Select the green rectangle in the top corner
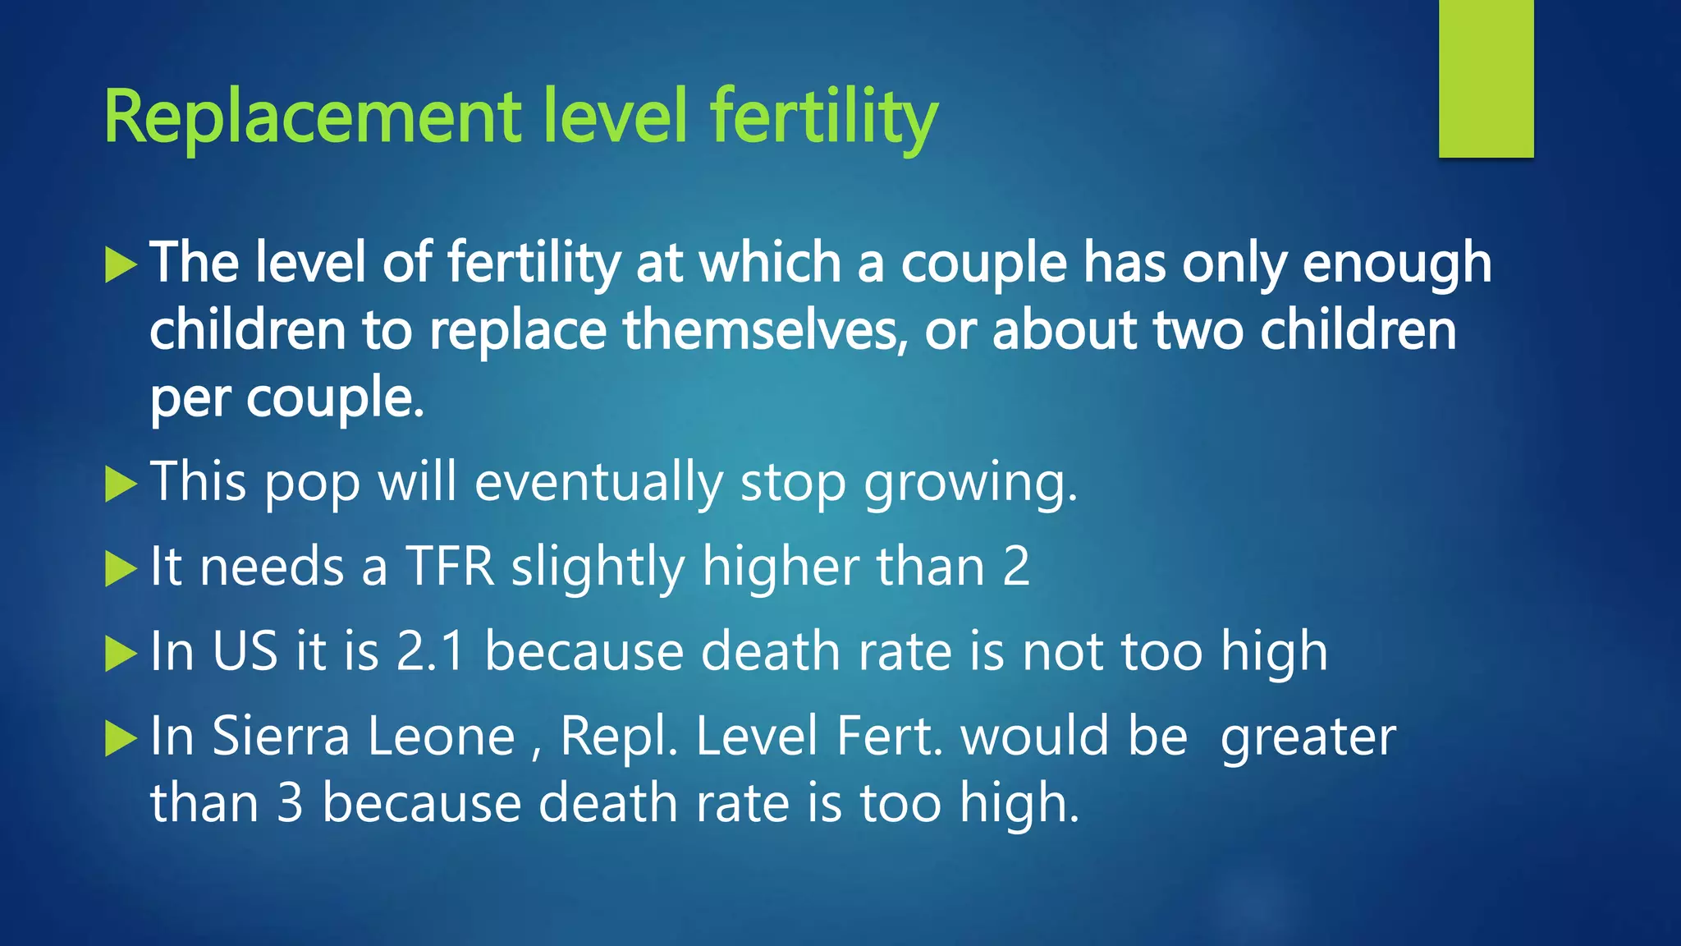click(x=1486, y=79)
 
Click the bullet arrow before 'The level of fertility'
click(x=121, y=265)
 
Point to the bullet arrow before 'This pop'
click(x=121, y=484)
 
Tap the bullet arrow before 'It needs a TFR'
click(x=121, y=569)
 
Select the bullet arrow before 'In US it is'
click(x=121, y=654)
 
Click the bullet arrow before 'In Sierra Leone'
click(x=121, y=738)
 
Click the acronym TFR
click(x=451, y=567)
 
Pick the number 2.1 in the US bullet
click(x=431, y=651)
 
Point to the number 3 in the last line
click(x=290, y=802)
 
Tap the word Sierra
click(x=281, y=736)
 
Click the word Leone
click(x=441, y=736)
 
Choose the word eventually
click(x=598, y=482)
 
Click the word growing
click(x=970, y=484)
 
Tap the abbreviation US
click(x=245, y=651)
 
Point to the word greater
click(x=1308, y=737)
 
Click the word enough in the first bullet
click(x=1397, y=264)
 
